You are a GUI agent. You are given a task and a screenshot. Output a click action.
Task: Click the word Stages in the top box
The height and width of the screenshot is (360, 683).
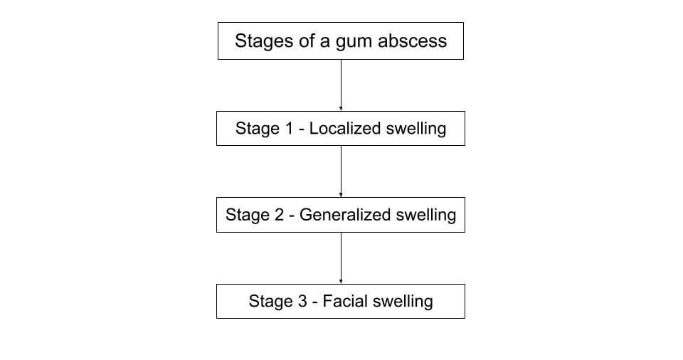[260, 41]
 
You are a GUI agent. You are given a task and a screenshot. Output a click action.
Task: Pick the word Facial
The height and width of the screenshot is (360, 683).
[344, 301]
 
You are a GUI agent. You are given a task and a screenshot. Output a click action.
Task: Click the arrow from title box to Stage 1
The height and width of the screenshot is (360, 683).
[341, 85]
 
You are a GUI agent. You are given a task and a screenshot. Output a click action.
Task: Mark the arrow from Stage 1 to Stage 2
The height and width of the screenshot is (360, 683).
[341, 171]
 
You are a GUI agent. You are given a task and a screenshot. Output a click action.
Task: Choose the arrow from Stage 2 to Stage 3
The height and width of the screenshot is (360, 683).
[341, 258]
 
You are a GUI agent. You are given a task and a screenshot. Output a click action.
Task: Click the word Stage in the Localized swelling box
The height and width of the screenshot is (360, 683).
[258, 129]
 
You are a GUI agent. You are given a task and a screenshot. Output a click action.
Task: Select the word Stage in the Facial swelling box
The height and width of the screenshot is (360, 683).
[271, 301]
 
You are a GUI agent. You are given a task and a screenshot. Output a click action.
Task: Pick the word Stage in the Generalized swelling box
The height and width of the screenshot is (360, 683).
[248, 215]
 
